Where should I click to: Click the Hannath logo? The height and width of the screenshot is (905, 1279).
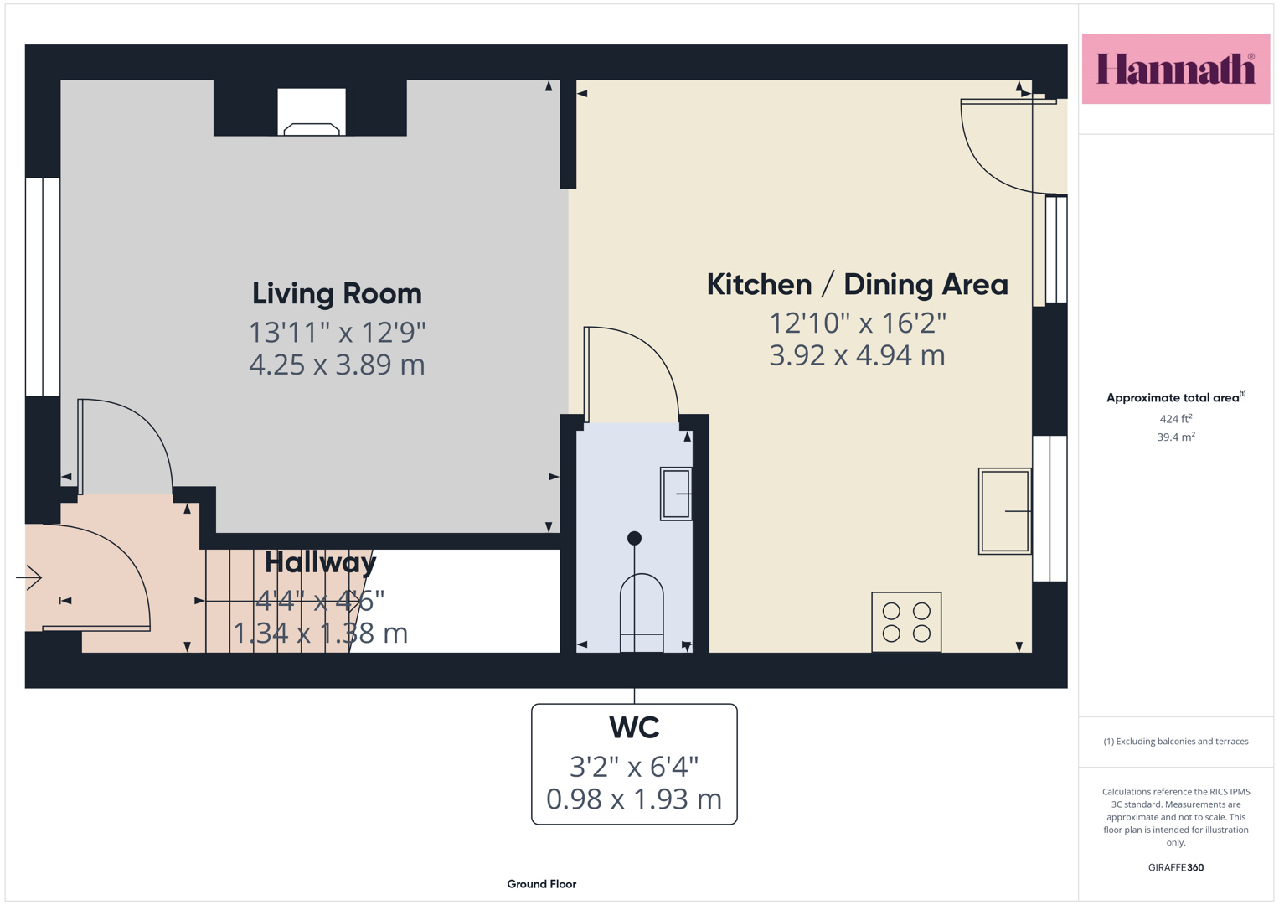point(1176,69)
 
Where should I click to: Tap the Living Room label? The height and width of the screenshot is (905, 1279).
point(337,293)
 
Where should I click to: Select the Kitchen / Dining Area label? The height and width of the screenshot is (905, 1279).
point(857,285)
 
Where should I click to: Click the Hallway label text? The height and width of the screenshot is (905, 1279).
point(320,563)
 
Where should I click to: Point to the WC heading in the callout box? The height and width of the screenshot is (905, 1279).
point(634,727)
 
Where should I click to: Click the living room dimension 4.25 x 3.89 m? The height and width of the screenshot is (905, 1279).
point(337,365)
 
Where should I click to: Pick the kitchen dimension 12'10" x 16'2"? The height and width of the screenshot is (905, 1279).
point(857,323)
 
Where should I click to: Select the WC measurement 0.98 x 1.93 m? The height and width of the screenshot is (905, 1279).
point(634,799)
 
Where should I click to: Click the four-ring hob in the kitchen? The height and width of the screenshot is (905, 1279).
point(906,622)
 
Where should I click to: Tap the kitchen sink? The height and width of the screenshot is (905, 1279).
point(1005,511)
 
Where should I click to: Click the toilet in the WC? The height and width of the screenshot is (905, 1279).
point(642,613)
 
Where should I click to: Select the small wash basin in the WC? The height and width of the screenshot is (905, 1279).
point(676,494)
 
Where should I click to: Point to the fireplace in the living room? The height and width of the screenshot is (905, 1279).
point(312,112)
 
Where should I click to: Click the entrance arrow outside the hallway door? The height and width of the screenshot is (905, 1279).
point(29,577)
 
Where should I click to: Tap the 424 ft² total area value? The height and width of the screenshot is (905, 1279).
point(1176,419)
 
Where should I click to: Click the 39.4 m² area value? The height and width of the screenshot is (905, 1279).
point(1176,437)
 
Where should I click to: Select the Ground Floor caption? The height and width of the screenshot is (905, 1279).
point(542,884)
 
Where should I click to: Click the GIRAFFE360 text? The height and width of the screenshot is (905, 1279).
point(1176,867)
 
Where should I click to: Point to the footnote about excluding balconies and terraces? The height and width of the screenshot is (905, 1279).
point(1176,741)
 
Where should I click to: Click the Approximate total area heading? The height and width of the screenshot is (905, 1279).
point(1176,398)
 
